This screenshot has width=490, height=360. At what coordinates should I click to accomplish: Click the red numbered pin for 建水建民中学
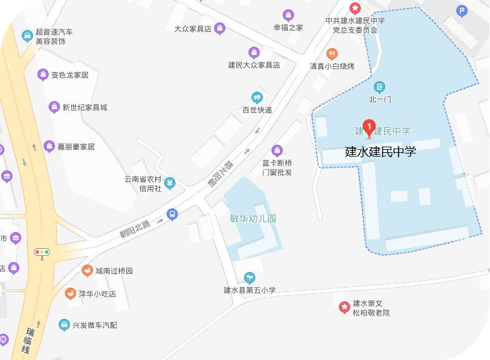pos(369,128)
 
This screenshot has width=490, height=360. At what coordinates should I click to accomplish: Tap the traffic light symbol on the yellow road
pos(42,252)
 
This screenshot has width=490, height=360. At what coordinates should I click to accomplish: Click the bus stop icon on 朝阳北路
pos(172,214)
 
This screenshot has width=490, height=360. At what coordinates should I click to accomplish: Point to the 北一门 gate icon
pos(380,87)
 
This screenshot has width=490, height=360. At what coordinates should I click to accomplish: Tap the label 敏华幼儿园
pos(253,218)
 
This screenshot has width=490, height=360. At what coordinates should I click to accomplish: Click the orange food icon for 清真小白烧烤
pos(332,54)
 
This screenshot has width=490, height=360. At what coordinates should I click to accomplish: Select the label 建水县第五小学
pos(250,290)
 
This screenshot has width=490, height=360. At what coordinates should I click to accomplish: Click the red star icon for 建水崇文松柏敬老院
pos(344,307)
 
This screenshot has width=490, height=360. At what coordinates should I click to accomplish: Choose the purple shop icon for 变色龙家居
pos(42,75)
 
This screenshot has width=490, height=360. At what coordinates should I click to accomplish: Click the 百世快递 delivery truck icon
pos(257,97)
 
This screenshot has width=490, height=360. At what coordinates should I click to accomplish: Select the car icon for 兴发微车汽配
pos(64,325)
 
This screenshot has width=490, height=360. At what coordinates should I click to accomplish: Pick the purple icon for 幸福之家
pos(288,15)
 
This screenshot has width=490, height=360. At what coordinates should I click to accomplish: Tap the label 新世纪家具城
pos(85,107)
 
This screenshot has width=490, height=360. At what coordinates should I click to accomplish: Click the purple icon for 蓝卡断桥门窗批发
pos(277,150)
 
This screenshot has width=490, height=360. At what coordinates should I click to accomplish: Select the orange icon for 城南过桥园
pos(87,271)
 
